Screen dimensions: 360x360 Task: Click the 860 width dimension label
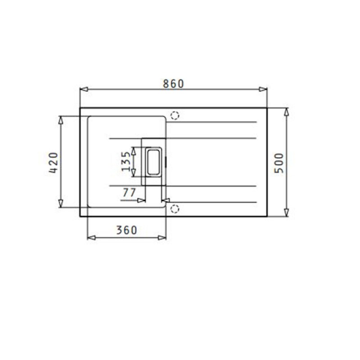173,84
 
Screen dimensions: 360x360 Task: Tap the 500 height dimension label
279,163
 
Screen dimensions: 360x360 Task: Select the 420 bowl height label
54,162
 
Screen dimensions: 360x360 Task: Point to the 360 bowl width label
126,230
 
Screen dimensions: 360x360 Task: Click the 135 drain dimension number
126,162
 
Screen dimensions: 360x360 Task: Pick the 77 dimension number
129,193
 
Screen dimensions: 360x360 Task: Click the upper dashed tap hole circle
175,116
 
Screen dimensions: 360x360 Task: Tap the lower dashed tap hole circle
175,209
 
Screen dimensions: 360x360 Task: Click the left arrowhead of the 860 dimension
84,89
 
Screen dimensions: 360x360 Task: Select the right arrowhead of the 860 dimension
263,89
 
